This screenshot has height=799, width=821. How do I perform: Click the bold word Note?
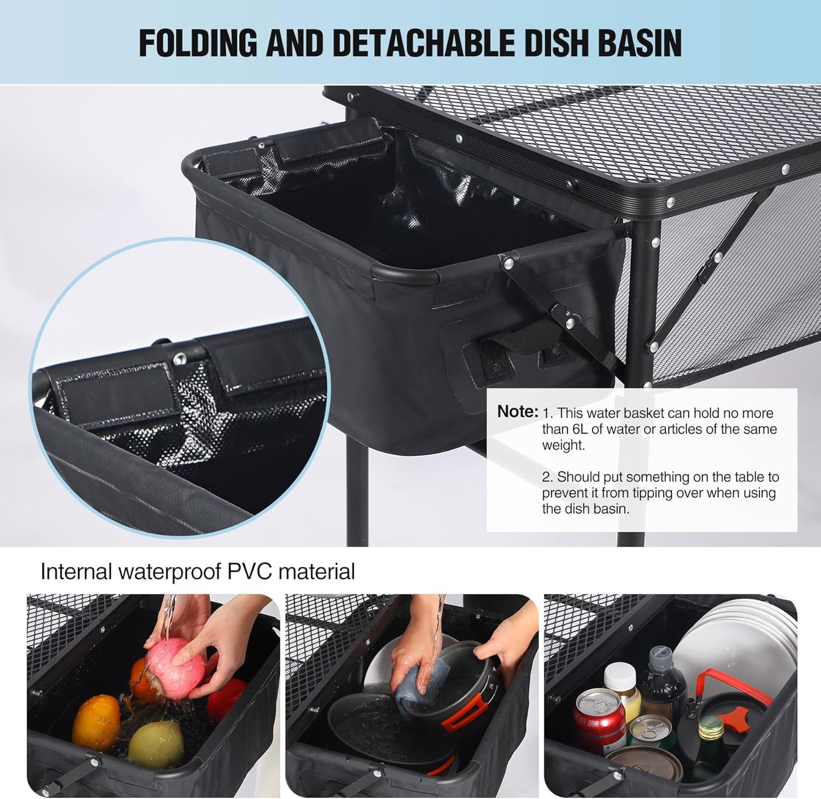pos(517,411)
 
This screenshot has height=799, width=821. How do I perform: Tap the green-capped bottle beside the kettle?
pos(711,739)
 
